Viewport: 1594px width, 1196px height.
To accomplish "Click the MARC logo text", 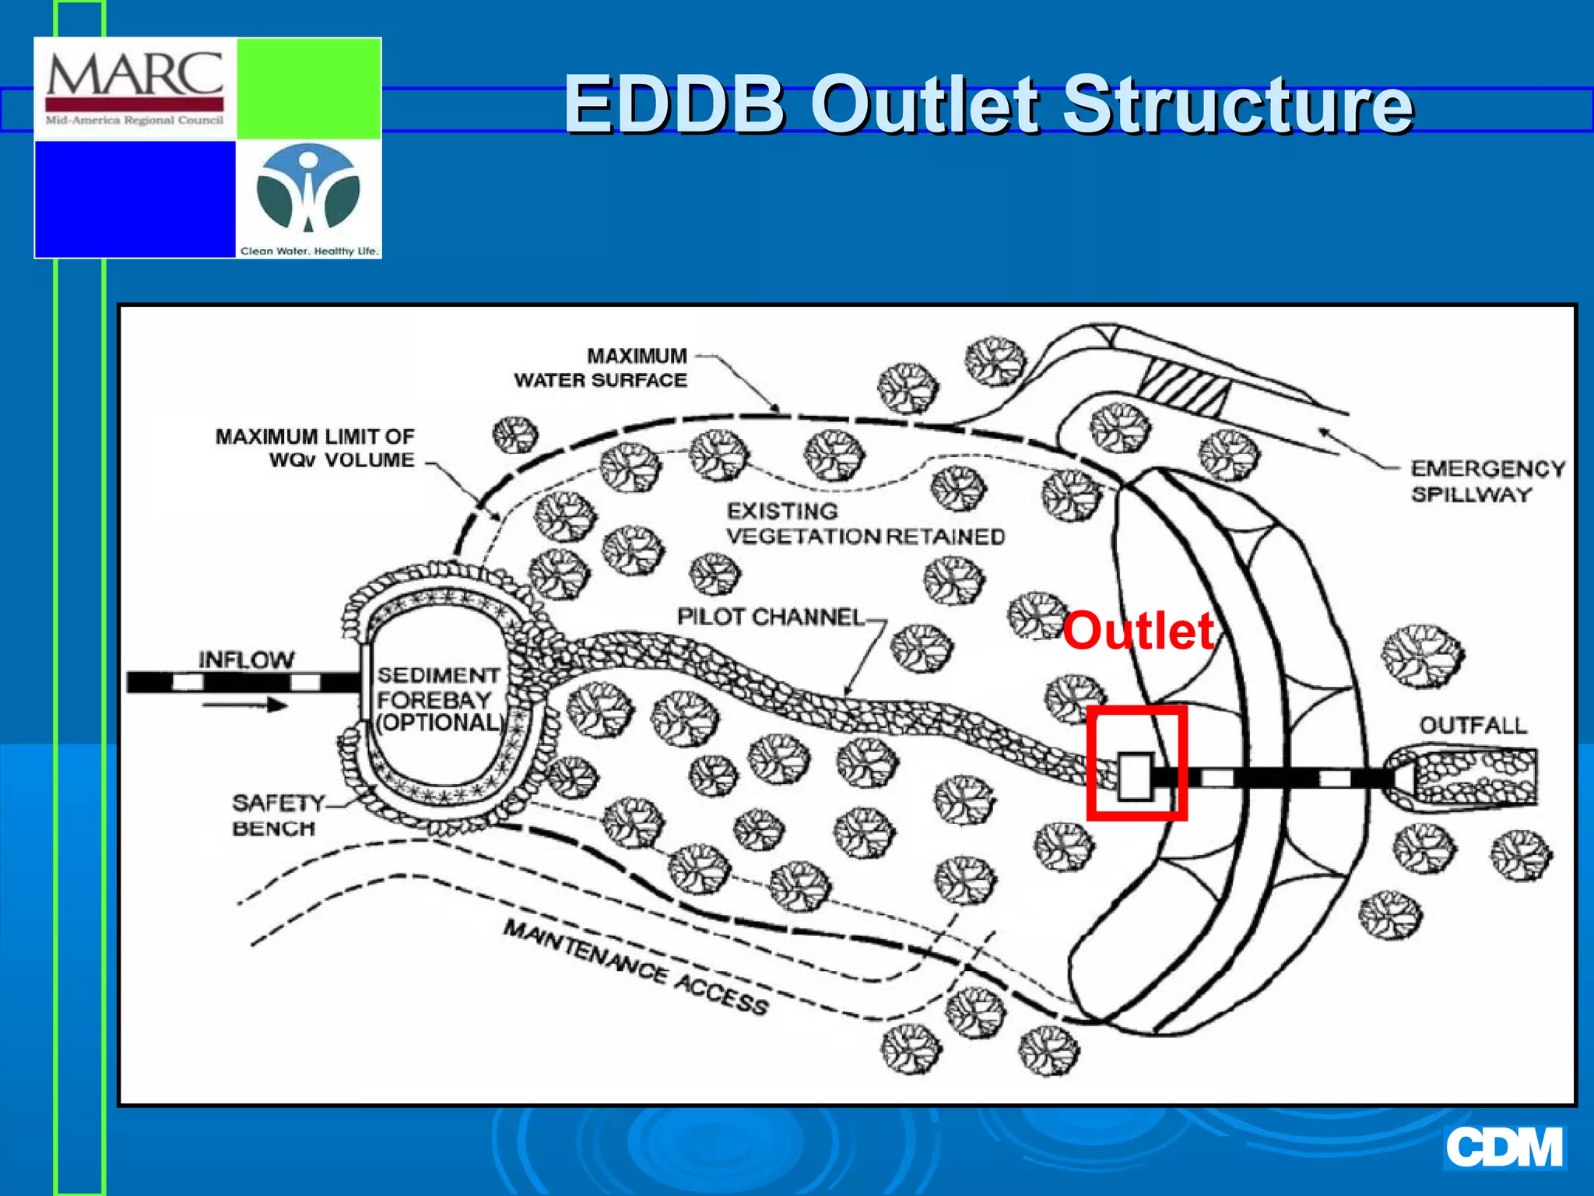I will (x=135, y=76).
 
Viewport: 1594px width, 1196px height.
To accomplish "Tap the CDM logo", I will (x=1504, y=1148).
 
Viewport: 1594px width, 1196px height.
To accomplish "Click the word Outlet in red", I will (x=1138, y=631).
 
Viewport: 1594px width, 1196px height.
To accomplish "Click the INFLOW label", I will (x=246, y=660).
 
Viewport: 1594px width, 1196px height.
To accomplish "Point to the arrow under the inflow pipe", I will (x=245, y=705).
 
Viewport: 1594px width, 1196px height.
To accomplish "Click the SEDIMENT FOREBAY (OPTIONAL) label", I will (x=439, y=699).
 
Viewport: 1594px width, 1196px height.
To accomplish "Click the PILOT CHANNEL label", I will (x=770, y=617).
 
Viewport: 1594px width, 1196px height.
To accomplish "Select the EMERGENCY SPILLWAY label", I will (x=1487, y=481).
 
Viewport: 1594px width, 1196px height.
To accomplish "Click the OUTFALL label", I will (x=1473, y=726).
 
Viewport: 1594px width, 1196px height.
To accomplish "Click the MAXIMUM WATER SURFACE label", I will (x=600, y=368).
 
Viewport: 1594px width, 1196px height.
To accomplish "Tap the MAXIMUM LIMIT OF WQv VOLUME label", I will (x=315, y=448).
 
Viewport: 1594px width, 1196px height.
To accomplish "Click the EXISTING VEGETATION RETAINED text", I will (x=864, y=524).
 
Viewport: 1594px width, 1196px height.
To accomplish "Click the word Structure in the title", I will (x=1237, y=104).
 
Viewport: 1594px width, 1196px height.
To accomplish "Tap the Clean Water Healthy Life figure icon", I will (x=308, y=192).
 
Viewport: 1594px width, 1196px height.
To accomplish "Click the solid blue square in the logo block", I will (x=135, y=199).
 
